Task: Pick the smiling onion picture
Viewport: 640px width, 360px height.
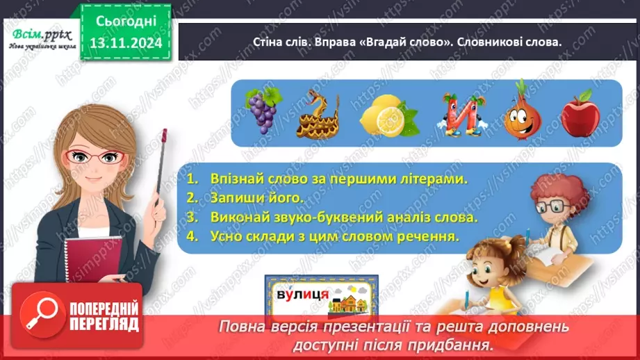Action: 520,111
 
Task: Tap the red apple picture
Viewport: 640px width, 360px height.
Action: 580,113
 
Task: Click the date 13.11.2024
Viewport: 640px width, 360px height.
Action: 127,43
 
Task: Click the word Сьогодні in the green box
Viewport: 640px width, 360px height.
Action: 127,22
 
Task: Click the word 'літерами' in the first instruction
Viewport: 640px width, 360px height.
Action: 434,179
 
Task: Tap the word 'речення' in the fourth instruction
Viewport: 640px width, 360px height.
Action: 430,236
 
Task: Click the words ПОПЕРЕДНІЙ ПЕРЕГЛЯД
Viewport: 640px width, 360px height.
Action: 105,317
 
